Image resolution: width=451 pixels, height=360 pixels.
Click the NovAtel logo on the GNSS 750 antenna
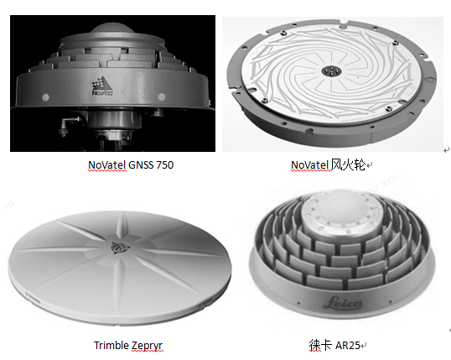pos(102,86)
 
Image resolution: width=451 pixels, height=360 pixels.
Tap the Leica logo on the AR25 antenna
pos(344,303)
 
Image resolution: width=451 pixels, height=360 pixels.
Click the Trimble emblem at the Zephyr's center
pos(120,248)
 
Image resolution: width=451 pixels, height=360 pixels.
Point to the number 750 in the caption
pos(165,165)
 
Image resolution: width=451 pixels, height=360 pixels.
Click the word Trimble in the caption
pos(111,345)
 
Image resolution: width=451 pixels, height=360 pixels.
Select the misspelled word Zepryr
pos(147,346)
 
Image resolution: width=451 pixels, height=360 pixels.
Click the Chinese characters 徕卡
pos(320,345)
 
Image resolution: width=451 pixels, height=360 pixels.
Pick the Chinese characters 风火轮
pos(348,165)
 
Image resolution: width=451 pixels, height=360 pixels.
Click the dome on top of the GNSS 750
pos(112,31)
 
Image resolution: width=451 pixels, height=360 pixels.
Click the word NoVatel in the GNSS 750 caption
pos(106,165)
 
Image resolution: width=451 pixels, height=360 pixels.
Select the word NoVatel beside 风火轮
pos(310,165)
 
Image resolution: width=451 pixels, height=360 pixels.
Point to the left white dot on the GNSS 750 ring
pos(46,97)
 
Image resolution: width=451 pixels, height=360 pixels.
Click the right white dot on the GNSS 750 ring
pos(162,97)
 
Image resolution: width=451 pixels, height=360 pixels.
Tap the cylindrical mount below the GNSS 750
pos(115,119)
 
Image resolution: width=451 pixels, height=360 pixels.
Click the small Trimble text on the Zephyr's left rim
pos(33,298)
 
